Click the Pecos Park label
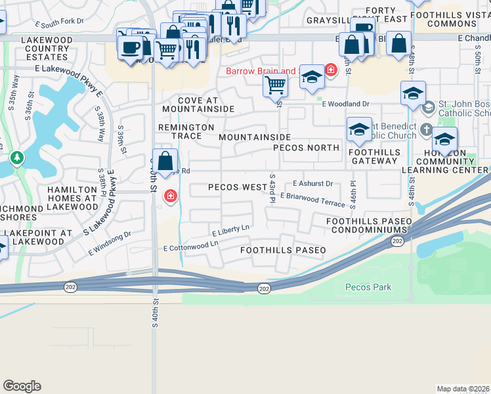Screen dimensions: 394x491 click(368, 287)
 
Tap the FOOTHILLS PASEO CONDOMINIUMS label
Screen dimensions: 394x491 click(368, 227)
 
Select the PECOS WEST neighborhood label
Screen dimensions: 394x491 click(238, 187)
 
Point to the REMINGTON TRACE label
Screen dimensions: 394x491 click(186, 131)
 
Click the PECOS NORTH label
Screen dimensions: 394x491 click(307, 148)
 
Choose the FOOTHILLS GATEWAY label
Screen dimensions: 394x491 click(375, 156)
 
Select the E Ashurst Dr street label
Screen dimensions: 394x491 click(312, 183)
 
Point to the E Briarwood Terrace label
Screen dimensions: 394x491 click(312, 200)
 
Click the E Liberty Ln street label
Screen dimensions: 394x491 click(231, 230)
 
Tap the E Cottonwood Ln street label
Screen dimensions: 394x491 click(190, 246)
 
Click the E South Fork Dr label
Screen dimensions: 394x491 click(60, 22)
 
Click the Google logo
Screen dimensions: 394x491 click(22, 386)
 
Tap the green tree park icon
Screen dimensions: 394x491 click(17, 158)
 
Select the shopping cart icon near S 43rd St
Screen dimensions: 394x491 click(275, 84)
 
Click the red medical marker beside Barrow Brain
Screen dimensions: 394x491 click(330, 69)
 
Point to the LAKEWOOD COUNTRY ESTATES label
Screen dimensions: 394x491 click(47, 49)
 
